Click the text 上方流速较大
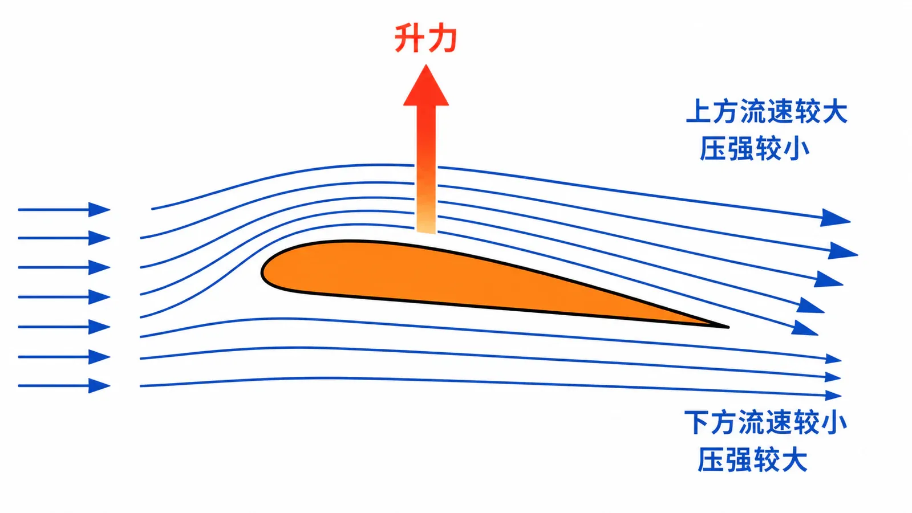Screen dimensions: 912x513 pos(767,111)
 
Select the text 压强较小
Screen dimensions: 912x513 pos(755,148)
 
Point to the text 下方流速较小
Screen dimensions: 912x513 pos(765,422)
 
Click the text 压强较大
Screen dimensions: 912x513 pos(752,459)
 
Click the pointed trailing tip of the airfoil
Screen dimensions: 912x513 pos(728,327)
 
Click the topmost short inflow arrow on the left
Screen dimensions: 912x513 pos(64,210)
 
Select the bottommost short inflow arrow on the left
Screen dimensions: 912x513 pos(64,386)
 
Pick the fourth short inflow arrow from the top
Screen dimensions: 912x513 pos(64,297)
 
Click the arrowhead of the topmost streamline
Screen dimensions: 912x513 pos(834,218)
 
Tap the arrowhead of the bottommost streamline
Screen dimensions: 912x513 pos(833,395)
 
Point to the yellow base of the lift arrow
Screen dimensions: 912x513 pos(426,222)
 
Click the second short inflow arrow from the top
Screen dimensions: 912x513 pos(64,238)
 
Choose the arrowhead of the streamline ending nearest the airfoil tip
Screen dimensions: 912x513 pos(804,328)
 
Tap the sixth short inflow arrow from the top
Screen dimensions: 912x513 pos(64,357)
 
